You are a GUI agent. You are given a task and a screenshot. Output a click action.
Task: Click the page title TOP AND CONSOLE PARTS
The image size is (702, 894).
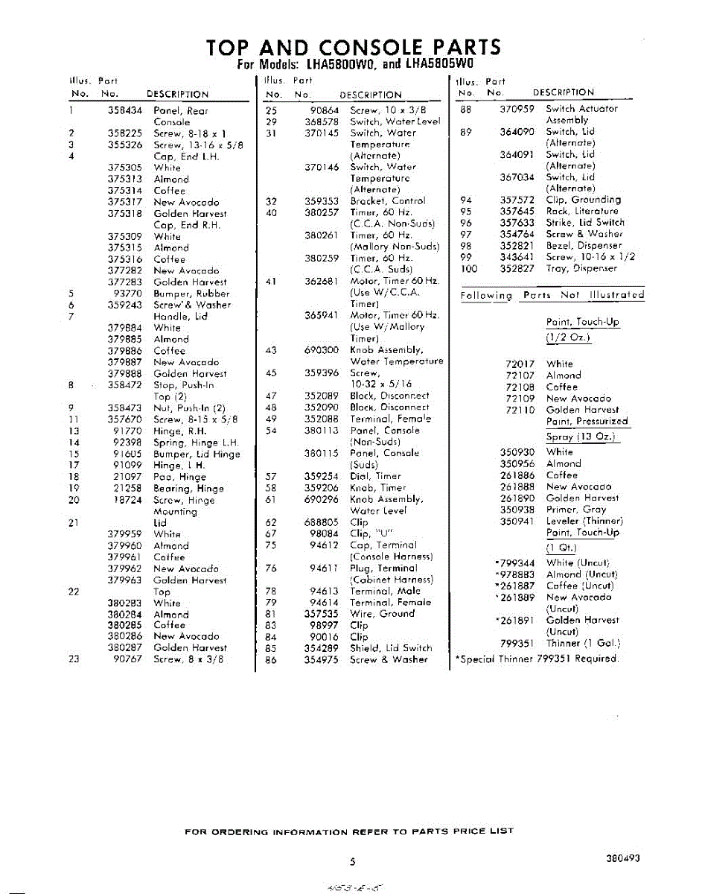point(354,46)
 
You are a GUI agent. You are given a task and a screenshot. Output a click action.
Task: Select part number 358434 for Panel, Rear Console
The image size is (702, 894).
point(125,110)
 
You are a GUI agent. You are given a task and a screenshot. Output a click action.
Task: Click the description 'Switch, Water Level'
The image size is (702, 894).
point(395,121)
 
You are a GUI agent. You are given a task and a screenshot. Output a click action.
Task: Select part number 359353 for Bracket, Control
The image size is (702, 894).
point(322,201)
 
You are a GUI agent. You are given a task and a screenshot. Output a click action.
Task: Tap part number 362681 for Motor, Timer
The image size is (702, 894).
point(322,282)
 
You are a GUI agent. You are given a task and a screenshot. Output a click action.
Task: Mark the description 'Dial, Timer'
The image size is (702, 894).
point(375,476)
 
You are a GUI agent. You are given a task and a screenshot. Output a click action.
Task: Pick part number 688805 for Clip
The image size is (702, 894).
point(322,523)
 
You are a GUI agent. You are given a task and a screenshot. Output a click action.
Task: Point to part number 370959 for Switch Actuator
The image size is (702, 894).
point(517,109)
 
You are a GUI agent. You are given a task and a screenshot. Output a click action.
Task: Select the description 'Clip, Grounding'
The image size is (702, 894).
point(583,200)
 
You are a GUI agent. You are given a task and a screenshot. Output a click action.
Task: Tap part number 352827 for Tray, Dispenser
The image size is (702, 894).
point(517,268)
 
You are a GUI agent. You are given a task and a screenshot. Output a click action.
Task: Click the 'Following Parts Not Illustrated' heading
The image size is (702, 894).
point(552,296)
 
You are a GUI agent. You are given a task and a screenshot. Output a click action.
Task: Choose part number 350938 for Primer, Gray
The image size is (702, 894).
point(517,510)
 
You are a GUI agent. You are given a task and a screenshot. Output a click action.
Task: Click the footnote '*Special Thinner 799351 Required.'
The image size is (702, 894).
point(536,659)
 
